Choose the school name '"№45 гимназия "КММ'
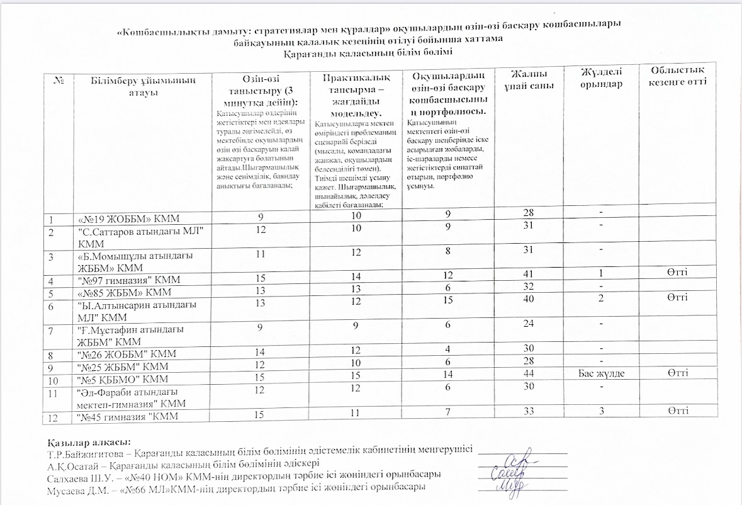pyautogui.click(x=126, y=416)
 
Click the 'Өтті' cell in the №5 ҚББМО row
pyautogui.click(x=678, y=373)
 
